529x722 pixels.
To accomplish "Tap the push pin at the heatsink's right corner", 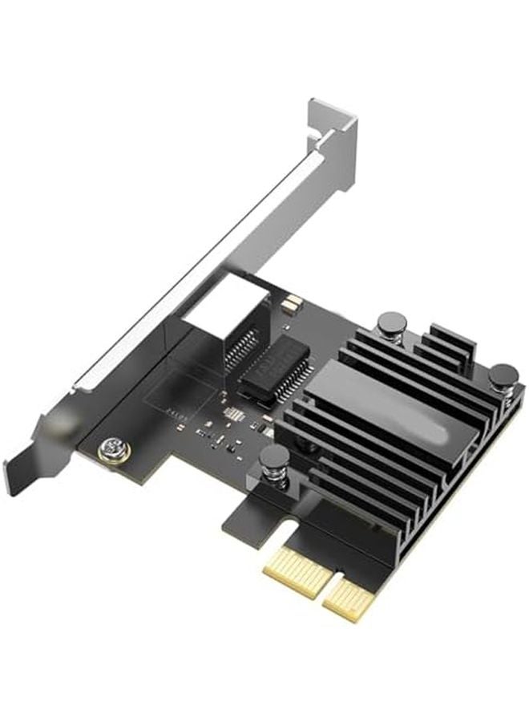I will click(x=503, y=375).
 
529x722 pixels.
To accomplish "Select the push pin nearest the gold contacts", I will click(x=274, y=459).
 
